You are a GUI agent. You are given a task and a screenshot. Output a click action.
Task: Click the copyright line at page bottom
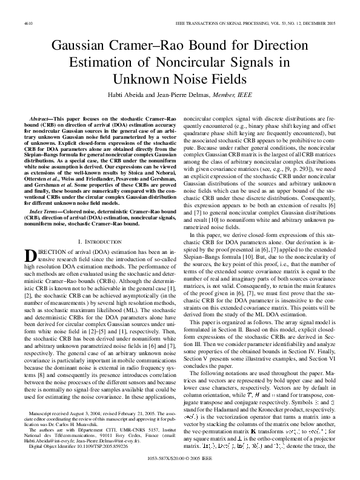pyautogui.click(x=179, y=468)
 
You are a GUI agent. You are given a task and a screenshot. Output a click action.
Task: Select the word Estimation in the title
pyautogui.click(x=101, y=62)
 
